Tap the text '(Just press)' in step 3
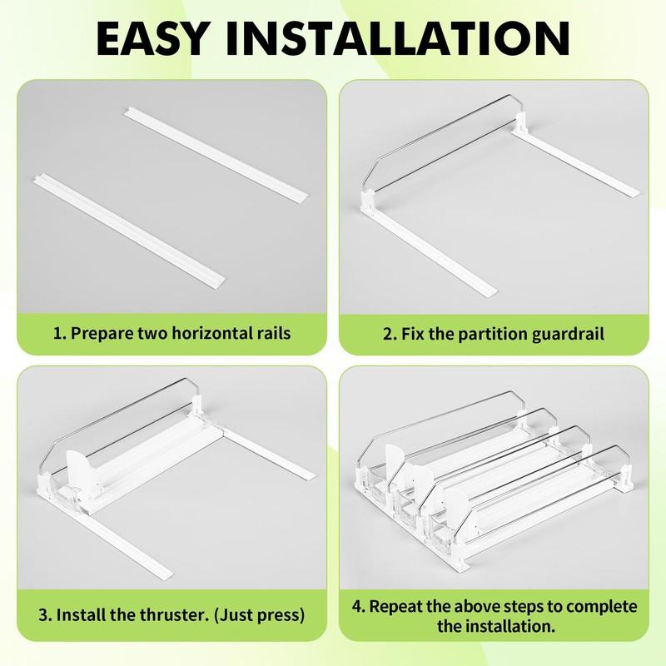click(259, 615)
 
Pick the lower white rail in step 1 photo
click(129, 230)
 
